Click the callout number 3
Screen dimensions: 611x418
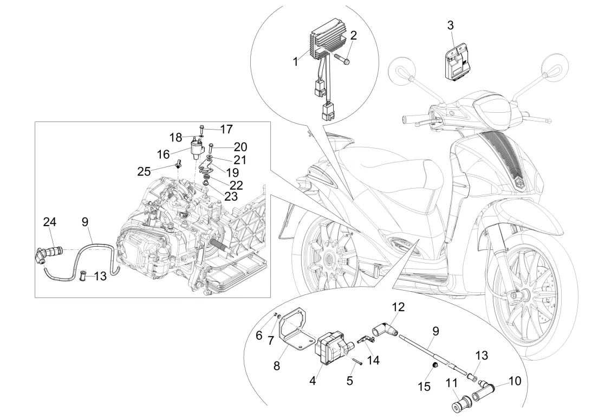click(x=450, y=25)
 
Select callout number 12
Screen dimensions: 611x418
click(x=398, y=307)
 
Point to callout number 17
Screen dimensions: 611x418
click(x=226, y=129)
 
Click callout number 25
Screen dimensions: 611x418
click(x=144, y=171)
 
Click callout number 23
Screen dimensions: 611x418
click(x=231, y=196)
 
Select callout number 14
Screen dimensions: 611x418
click(x=373, y=360)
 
